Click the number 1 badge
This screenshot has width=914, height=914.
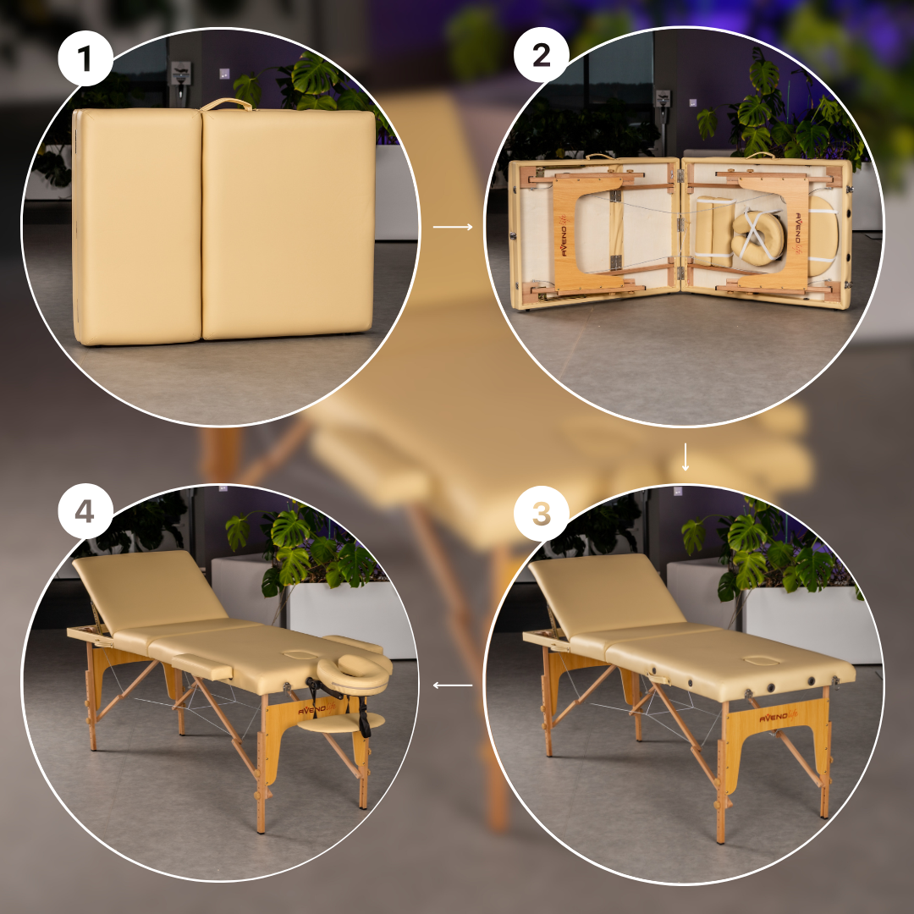tap(85, 58)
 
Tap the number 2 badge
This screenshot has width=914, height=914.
tap(541, 55)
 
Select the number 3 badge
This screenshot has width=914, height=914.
tap(541, 513)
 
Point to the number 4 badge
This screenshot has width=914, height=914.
tap(85, 511)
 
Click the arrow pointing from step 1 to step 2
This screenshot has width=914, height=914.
tap(453, 227)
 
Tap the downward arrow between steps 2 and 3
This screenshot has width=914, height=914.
tap(685, 457)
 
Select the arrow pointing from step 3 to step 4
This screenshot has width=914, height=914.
tap(453, 685)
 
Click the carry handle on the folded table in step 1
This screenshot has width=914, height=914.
tap(226, 103)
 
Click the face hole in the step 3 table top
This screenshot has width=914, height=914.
tap(763, 660)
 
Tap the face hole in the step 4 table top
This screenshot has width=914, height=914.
tap(300, 654)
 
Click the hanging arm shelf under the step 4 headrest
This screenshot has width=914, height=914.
tap(341, 723)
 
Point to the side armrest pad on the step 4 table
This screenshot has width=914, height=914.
tap(201, 666)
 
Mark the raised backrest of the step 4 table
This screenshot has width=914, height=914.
tap(150, 589)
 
